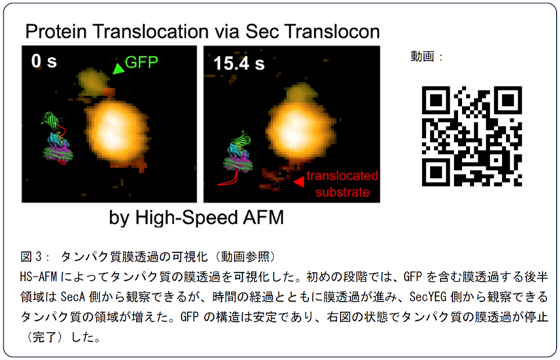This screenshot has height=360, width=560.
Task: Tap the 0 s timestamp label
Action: (x=44, y=61)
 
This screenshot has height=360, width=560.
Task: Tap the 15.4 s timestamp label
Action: (x=239, y=63)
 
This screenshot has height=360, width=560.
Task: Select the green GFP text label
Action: (x=142, y=63)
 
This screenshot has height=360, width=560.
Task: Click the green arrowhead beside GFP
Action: (x=118, y=69)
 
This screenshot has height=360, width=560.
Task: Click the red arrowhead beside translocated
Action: (x=299, y=182)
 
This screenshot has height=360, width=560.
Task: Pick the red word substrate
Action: (x=342, y=192)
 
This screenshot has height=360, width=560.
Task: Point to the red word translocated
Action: (x=342, y=175)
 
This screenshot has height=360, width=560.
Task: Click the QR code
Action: (x=472, y=136)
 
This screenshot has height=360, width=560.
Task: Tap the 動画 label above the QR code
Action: (x=423, y=56)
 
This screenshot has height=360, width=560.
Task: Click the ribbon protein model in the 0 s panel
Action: (x=57, y=138)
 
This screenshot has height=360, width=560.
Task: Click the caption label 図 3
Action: (x=31, y=257)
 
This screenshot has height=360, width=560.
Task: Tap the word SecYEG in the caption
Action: (x=428, y=297)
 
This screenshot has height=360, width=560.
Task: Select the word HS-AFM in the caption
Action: (x=39, y=277)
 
